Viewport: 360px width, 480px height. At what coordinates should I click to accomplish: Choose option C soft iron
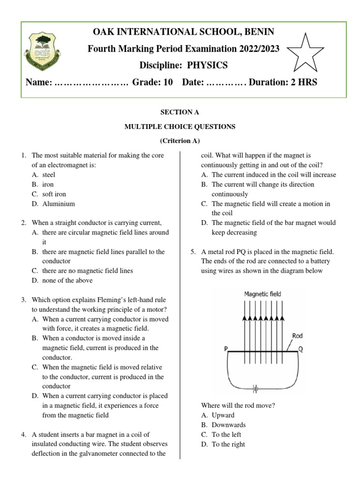point(54,194)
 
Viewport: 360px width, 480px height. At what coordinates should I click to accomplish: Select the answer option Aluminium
point(58,204)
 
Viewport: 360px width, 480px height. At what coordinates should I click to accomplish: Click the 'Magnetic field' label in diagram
point(262,294)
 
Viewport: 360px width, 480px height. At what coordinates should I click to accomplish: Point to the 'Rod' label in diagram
point(297,336)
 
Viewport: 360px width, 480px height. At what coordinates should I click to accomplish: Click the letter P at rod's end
point(226,349)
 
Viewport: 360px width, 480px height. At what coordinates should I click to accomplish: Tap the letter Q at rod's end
point(300,349)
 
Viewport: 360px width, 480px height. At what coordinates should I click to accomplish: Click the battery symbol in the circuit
point(256,388)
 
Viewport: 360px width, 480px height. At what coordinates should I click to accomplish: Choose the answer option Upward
point(223,415)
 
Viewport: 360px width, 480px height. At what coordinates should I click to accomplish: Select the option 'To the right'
point(228,444)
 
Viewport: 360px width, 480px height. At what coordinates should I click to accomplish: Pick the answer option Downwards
point(228,425)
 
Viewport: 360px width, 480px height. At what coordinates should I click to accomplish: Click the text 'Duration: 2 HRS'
point(283,82)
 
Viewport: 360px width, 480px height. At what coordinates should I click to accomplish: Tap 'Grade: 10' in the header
point(152,82)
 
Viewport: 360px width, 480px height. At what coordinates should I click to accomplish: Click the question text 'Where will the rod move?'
point(238,405)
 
